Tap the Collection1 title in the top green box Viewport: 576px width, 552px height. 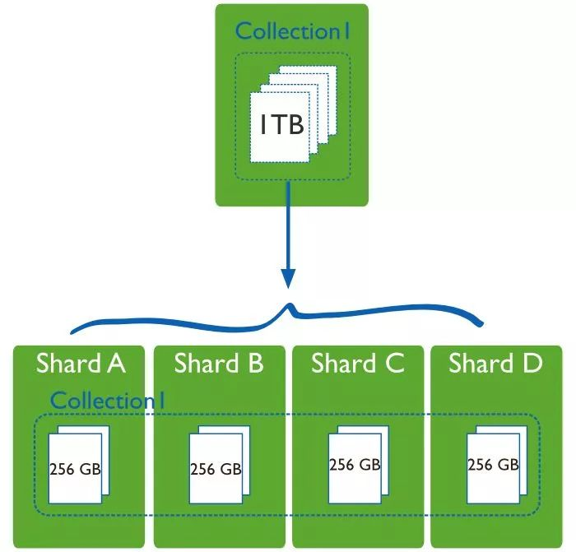[293, 31]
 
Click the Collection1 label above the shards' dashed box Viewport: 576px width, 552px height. [108, 401]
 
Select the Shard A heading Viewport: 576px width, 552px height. [81, 364]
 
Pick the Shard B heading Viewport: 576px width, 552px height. [218, 364]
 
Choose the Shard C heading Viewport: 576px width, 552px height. [358, 364]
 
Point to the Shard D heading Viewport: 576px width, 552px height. [495, 364]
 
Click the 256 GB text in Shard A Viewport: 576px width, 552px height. [76, 470]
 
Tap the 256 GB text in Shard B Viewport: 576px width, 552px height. [216, 470]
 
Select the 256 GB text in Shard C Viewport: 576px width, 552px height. [355, 465]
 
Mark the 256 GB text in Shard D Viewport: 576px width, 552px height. [493, 465]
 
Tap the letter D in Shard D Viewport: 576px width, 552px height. [531, 364]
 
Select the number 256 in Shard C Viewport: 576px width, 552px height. [342, 465]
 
